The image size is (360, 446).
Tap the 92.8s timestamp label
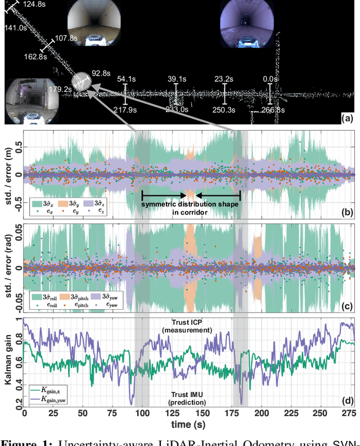[x=101, y=73]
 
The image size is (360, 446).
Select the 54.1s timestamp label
[x=127, y=79]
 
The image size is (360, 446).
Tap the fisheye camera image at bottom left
[x=26, y=102]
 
